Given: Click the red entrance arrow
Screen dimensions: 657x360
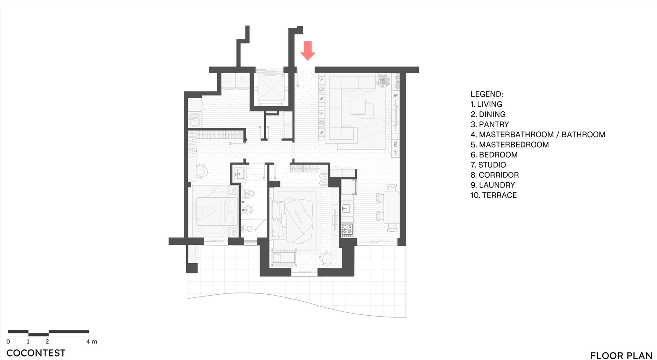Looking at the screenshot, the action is coord(307,50).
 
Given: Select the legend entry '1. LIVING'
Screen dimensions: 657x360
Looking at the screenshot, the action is coord(486,104).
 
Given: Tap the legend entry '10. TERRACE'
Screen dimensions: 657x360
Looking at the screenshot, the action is coord(494,195).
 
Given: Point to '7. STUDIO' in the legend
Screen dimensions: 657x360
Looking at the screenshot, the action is coord(488,165).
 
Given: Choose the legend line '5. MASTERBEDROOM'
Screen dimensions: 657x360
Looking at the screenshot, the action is coord(510,145).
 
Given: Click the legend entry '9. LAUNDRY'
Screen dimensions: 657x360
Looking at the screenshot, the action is coord(493,185).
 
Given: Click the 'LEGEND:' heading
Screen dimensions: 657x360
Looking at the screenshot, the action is coord(487,94).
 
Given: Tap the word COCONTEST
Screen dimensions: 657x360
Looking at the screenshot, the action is coord(36,353).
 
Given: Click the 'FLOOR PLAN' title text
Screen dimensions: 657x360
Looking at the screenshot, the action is coord(621,356).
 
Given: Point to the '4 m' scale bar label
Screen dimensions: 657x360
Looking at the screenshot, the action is coord(92,342).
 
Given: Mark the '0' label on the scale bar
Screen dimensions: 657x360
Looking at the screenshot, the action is coord(8,342).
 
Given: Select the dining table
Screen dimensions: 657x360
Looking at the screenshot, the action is coord(391,207).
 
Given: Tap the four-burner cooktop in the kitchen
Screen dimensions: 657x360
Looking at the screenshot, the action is coord(347,230).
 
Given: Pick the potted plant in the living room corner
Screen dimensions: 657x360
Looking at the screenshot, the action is coord(383,80).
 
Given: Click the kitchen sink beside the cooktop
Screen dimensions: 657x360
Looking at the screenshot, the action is coord(346,208).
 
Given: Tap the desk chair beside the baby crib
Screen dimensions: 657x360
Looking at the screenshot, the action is coord(325,258).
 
